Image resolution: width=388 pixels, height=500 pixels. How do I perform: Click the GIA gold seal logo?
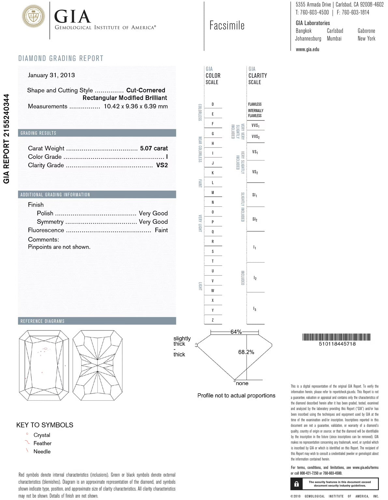coord(34,16)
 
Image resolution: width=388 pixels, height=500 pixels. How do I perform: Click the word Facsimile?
coord(227,25)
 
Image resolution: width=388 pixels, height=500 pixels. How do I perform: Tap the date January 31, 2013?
coord(51,75)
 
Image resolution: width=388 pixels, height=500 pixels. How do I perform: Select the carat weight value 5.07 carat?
coord(154,148)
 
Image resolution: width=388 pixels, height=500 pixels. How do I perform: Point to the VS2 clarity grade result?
coord(162,165)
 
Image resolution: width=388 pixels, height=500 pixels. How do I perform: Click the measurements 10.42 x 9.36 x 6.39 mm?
coord(136,106)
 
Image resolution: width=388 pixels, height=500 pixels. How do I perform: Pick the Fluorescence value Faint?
coord(161,230)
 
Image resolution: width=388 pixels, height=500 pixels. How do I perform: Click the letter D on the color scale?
coord(213,104)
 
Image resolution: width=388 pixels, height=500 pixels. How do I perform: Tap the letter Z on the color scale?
coord(213,320)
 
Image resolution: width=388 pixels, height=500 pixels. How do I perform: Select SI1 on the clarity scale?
coord(255,195)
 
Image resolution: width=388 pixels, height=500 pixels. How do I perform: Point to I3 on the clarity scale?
coord(255,309)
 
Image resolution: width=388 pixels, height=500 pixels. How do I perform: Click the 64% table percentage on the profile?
coord(236,332)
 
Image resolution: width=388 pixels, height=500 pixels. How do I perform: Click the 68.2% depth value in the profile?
coord(246,352)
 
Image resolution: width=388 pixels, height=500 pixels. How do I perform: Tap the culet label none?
coord(242,383)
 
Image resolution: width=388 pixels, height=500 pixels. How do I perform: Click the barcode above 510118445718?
coord(337,337)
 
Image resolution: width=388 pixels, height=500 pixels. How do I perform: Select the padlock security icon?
coord(296,484)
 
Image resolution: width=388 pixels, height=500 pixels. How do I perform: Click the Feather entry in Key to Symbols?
coord(42,443)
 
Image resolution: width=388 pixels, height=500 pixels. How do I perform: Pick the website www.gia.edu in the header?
coord(307,49)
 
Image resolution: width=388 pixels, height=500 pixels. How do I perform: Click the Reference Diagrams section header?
coord(42,321)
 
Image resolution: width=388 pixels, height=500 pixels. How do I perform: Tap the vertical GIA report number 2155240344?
coord(7,139)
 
